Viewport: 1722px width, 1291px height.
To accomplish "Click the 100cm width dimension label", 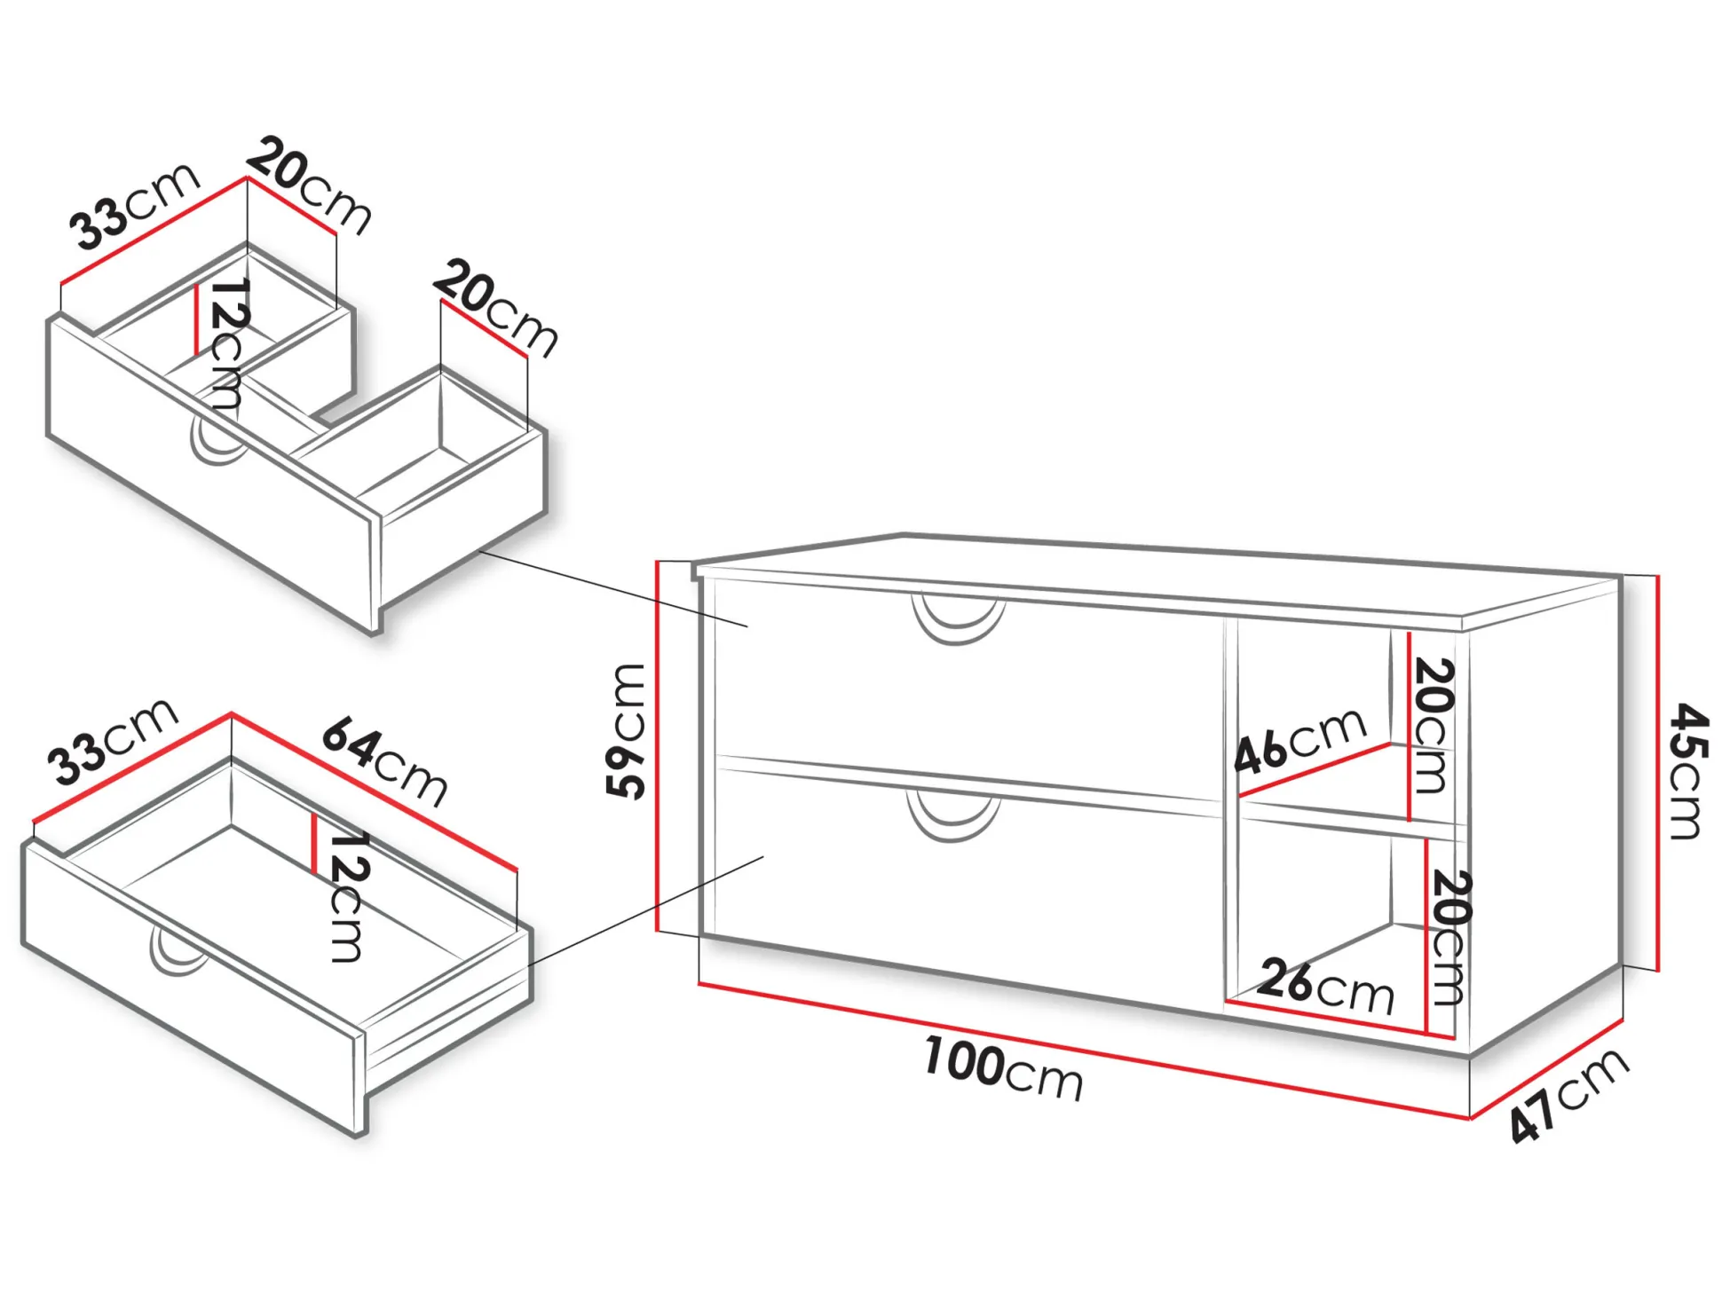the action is click(1003, 1068).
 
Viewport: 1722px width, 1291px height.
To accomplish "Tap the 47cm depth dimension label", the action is click(1569, 1095).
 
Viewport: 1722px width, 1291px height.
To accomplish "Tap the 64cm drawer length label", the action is click(384, 763).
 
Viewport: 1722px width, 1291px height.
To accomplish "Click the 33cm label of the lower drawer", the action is click(113, 741).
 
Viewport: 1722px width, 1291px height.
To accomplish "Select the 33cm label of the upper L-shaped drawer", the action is click(134, 206).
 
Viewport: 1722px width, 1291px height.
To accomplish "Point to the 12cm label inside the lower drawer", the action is click(347, 896).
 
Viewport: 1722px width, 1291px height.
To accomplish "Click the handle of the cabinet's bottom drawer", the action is click(953, 817).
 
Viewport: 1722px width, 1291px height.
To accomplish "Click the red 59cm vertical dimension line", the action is click(659, 746).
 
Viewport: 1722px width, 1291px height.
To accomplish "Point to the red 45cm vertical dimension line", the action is click(1657, 773).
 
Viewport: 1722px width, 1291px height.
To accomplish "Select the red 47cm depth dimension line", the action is click(1545, 1069).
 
